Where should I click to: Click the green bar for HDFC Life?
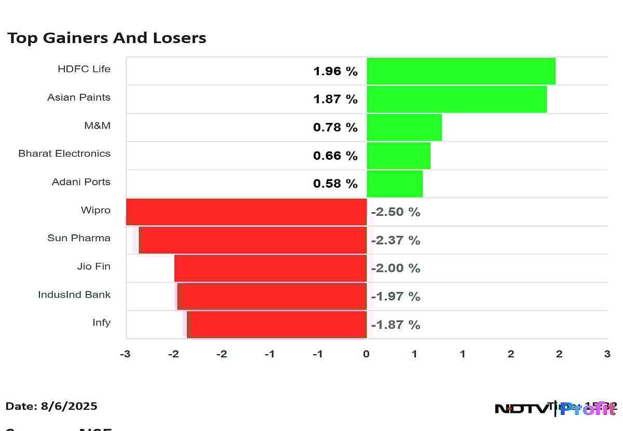tap(461, 71)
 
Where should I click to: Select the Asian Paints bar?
tap(456, 99)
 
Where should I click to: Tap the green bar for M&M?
tap(404, 127)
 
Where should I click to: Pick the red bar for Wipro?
tap(247, 212)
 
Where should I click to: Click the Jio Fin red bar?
tap(270, 268)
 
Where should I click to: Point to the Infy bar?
tap(278, 324)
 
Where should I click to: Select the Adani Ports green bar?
tap(395, 184)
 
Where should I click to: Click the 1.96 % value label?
tap(335, 72)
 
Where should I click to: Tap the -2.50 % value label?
tap(396, 212)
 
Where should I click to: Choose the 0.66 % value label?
tap(335, 156)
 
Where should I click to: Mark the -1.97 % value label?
tap(396, 297)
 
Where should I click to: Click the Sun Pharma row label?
tap(79, 238)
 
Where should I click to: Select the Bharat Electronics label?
tap(64, 154)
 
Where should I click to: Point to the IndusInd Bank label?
tap(74, 295)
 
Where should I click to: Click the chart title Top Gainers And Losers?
tap(106, 38)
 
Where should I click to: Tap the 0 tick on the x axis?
tap(366, 354)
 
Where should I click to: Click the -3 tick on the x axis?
tap(125, 354)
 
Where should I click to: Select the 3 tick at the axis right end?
tap(607, 354)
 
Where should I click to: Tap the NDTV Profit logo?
tap(556, 408)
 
